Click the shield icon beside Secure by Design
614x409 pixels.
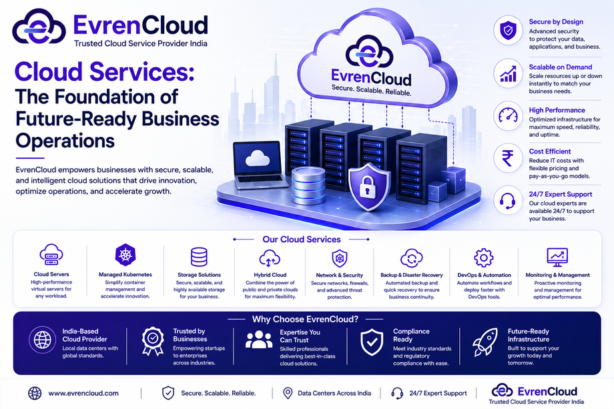pos(508,31)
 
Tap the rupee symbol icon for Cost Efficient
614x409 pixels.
pos(508,158)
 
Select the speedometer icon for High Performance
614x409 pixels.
pos(508,115)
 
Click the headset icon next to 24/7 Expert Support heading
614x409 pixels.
pos(507,201)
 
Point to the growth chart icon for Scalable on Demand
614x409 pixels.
pos(509,73)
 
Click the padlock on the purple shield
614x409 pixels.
pos(367,186)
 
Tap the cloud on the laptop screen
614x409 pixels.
pos(257,157)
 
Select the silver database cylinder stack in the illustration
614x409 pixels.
pos(308,186)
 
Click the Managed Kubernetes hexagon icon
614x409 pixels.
pos(125,255)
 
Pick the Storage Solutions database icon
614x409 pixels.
pos(199,257)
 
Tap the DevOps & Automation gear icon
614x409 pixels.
pos(484,258)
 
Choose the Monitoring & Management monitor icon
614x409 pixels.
pos(557,258)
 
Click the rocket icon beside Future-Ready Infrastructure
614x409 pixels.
pos(485,342)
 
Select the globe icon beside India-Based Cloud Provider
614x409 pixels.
pos(42,340)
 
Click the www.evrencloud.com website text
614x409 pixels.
pos(83,394)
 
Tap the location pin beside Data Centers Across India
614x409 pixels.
pos(288,394)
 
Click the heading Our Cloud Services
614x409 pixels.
pos(302,239)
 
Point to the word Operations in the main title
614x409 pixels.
pos(65,141)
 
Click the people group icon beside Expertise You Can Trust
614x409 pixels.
pos(259,340)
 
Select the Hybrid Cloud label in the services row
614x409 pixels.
pos(270,275)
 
